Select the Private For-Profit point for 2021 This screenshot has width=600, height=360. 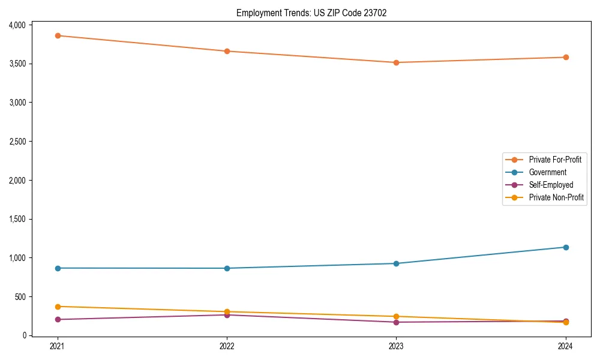[x=58, y=35]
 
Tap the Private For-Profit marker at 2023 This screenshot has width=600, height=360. [x=396, y=62]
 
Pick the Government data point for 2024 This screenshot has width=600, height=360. [x=565, y=247]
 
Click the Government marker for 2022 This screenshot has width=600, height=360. [x=227, y=268]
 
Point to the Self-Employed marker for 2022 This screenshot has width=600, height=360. [x=227, y=315]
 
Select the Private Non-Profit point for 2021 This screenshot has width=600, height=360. [x=58, y=307]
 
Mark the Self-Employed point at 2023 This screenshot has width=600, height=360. [x=396, y=322]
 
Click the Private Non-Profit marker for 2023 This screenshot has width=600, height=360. [x=396, y=316]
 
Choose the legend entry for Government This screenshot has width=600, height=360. [x=547, y=172]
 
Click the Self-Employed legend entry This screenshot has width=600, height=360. [x=551, y=185]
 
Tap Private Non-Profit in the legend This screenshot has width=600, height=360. [x=556, y=197]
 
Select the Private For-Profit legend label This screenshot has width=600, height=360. [x=555, y=160]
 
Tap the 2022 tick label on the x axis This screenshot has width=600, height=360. [x=227, y=346]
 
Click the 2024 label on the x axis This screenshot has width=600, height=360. [x=565, y=346]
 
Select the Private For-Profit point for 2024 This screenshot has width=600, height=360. [x=565, y=58]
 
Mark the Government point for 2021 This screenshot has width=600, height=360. [x=58, y=268]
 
